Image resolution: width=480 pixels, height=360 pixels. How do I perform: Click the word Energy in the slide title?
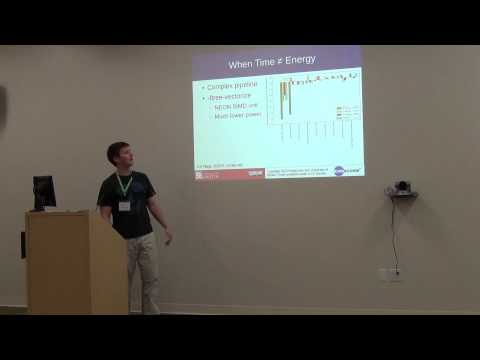pyautogui.click(x=300, y=61)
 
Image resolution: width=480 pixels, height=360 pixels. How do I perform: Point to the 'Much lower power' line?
pyautogui.click(x=238, y=116)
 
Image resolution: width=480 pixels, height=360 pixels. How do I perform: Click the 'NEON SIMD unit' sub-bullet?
pyautogui.click(x=237, y=107)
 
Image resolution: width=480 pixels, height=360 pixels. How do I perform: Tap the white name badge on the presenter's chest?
pyautogui.click(x=125, y=205)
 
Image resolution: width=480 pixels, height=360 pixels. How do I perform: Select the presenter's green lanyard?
pyautogui.click(x=124, y=186)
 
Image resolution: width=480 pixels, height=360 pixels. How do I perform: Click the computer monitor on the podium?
pyautogui.click(x=44, y=191)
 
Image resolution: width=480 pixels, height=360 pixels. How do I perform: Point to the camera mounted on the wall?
pyautogui.click(x=401, y=188)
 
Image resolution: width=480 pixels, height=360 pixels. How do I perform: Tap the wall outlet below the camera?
pyautogui.click(x=389, y=273)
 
